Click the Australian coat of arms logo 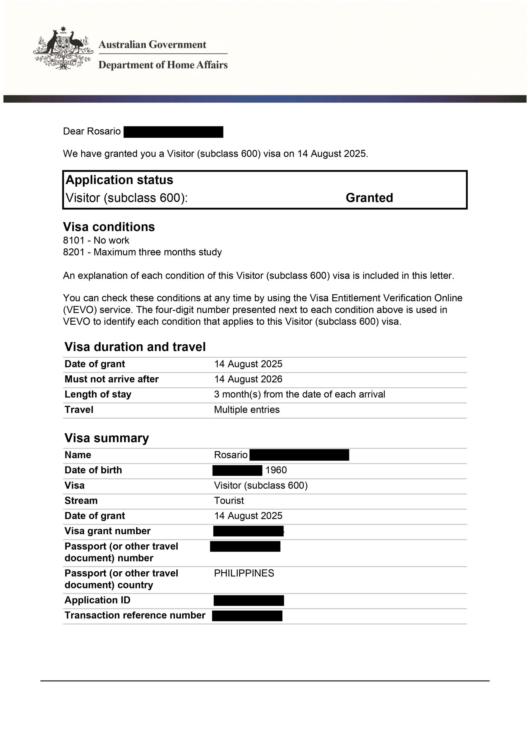pyautogui.click(x=63, y=48)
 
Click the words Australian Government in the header pyautogui.click(x=152, y=44)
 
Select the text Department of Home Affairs pyautogui.click(x=163, y=65)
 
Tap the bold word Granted pyautogui.click(x=369, y=198)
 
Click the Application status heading pyautogui.click(x=119, y=180)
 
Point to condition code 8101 pyautogui.click(x=74, y=240)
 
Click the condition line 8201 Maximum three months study pyautogui.click(x=142, y=252)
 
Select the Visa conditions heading pyautogui.click(x=109, y=227)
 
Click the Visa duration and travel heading pyautogui.click(x=135, y=347)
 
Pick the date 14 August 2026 pyautogui.click(x=248, y=379)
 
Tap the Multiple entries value pyautogui.click(x=247, y=410)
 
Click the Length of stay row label pyautogui.click(x=98, y=394)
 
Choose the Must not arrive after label pyautogui.click(x=111, y=379)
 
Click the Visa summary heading pyautogui.click(x=107, y=438)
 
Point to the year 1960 pyautogui.click(x=276, y=470)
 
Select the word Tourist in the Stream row pyautogui.click(x=229, y=500)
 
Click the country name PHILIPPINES pyautogui.click(x=244, y=573)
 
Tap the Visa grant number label pyautogui.click(x=107, y=531)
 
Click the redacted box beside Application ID pyautogui.click(x=249, y=601)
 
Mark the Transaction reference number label pyautogui.click(x=135, y=615)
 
